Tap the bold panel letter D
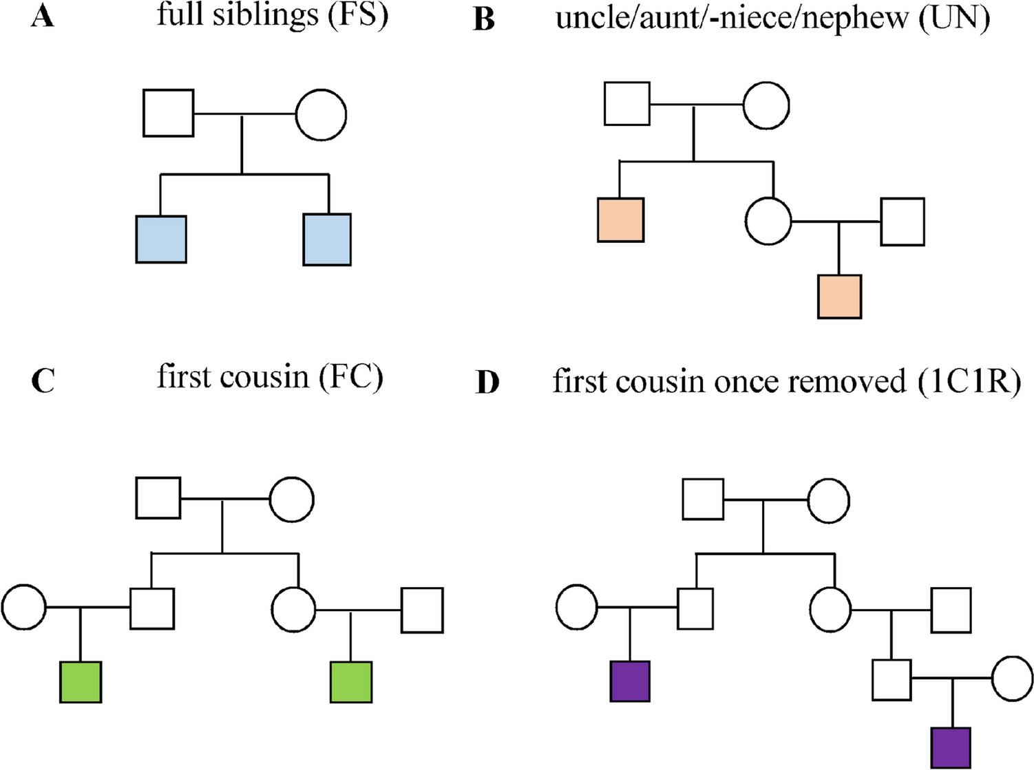(x=487, y=383)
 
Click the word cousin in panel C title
(x=266, y=377)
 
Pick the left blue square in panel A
(x=161, y=239)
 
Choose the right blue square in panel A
(x=327, y=239)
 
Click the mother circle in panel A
(x=321, y=115)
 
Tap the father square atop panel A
(x=169, y=114)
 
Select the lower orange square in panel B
(x=839, y=297)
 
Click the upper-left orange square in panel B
(x=620, y=220)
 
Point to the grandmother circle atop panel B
(x=766, y=105)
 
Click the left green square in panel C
(x=81, y=682)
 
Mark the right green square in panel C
(x=351, y=682)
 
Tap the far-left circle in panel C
(x=24, y=608)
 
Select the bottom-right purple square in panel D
(x=951, y=748)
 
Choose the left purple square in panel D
(x=630, y=681)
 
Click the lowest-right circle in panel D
(x=1013, y=678)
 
